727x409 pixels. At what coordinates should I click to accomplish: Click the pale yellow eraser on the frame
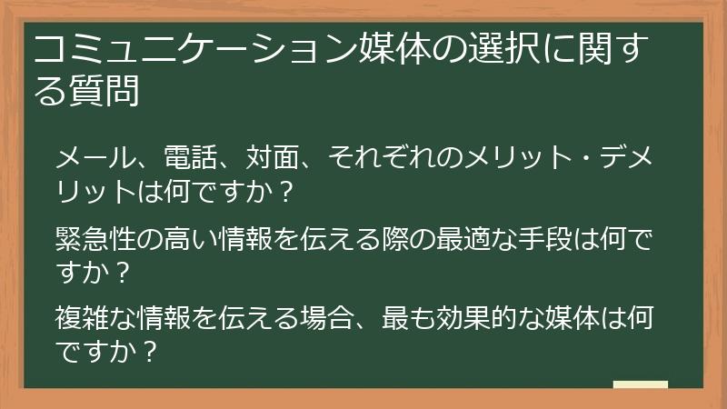click(x=640, y=386)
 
